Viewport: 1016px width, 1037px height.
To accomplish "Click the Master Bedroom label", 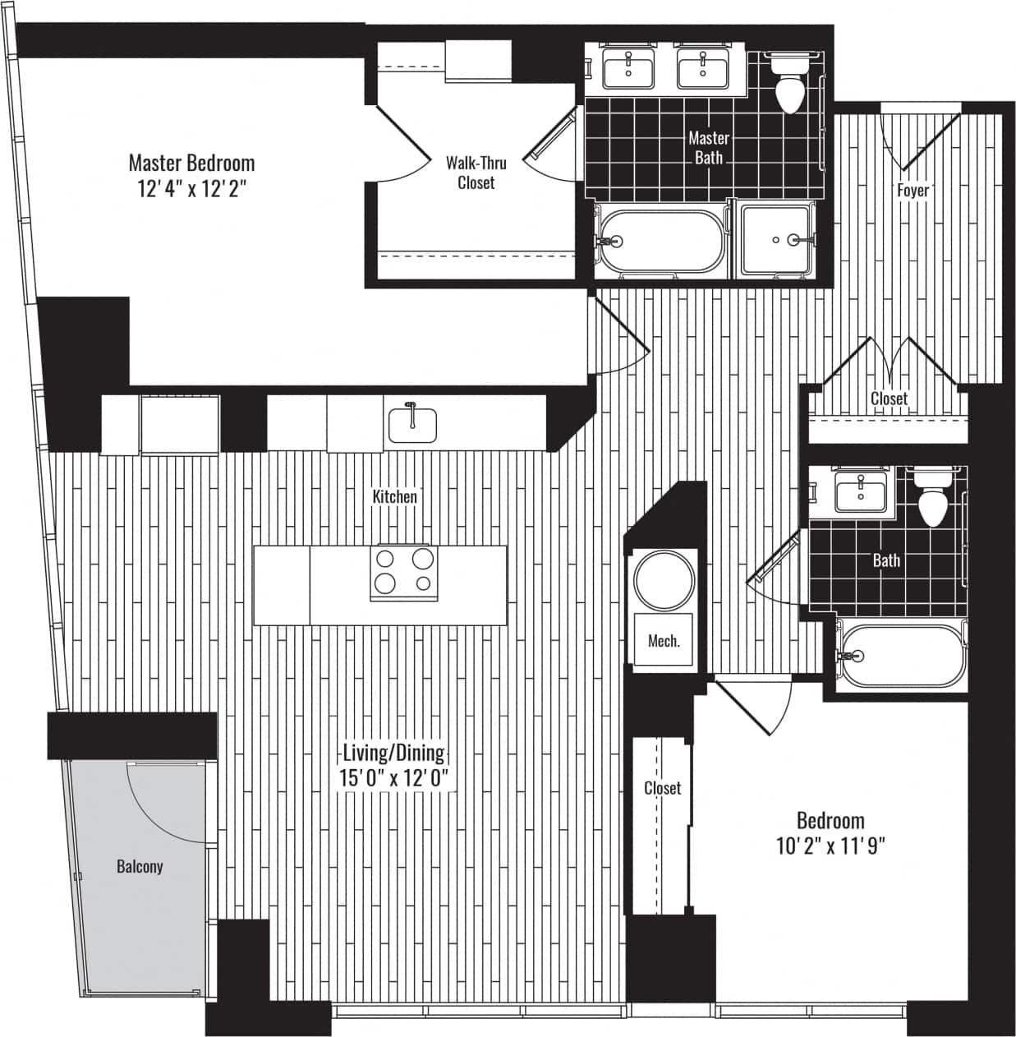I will coord(191,162).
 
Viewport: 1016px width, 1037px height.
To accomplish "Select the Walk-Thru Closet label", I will coord(476,173).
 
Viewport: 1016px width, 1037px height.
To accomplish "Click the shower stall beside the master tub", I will coord(776,240).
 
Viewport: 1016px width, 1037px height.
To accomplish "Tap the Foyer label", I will coord(913,190).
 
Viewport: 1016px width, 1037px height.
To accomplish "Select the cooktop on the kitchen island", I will coord(403,572).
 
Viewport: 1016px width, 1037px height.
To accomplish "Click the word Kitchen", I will coord(394,496).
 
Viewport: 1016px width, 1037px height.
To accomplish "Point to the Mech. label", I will coord(664,641).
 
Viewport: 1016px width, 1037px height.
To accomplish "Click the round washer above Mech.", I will coord(664,581).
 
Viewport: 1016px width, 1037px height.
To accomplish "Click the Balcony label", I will coord(140,866).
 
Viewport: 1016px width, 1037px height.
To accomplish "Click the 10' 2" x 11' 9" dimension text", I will coord(830,846).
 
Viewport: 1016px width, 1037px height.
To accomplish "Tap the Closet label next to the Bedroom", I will coord(662,788).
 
